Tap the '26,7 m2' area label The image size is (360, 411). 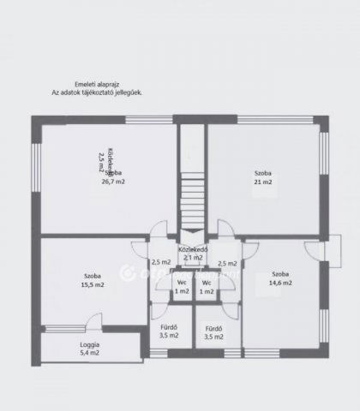pyautogui.click(x=113, y=182)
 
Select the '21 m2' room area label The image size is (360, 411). pyautogui.click(x=262, y=182)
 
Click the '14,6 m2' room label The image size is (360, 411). pyautogui.click(x=280, y=282)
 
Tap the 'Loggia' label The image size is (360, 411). pyautogui.click(x=89, y=343)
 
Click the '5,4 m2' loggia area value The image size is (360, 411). pyautogui.click(x=89, y=352)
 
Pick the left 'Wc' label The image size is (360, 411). pyautogui.click(x=182, y=283)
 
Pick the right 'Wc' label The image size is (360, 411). pyautogui.click(x=206, y=283)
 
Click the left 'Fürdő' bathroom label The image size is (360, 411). pyautogui.click(x=169, y=327)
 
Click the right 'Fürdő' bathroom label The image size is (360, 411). pyautogui.click(x=214, y=329)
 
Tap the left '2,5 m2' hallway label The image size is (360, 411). pyautogui.click(x=160, y=263)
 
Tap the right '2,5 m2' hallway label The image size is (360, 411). pyautogui.click(x=227, y=264)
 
